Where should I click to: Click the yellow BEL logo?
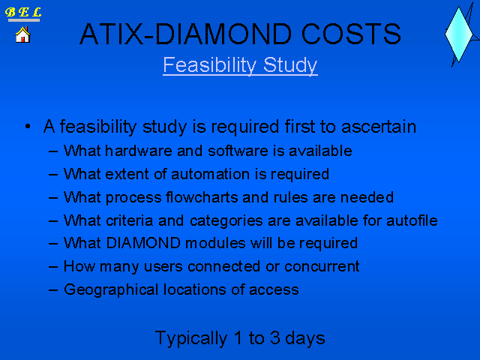click(23, 12)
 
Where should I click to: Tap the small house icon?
click(23, 34)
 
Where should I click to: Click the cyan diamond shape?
click(458, 34)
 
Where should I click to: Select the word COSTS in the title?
click(351, 34)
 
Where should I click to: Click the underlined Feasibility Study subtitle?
click(240, 65)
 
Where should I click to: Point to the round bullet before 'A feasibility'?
click(28, 127)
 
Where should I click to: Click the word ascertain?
click(379, 127)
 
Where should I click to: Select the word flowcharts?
click(202, 197)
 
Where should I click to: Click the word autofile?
click(412, 220)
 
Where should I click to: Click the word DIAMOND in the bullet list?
click(143, 243)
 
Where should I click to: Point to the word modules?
click(215, 243)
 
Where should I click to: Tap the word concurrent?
click(322, 267)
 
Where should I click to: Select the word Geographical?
click(111, 289)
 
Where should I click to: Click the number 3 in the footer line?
click(275, 338)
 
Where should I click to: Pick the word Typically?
click(191, 338)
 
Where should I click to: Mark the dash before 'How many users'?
click(53, 267)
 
